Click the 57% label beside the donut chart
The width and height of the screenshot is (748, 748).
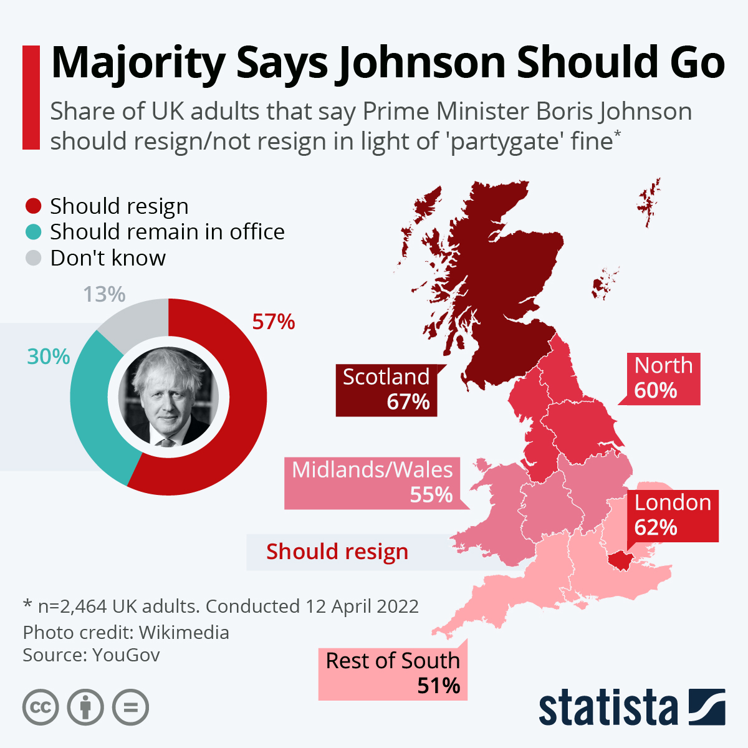click(x=273, y=322)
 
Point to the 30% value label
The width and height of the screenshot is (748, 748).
click(x=48, y=357)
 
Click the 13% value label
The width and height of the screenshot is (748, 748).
click(x=104, y=294)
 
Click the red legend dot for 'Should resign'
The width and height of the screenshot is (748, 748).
click(x=34, y=206)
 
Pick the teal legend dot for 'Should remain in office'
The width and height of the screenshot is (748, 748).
click(x=34, y=232)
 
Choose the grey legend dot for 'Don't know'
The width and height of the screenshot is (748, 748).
click(x=34, y=258)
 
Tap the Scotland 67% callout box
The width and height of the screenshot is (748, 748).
click(x=386, y=390)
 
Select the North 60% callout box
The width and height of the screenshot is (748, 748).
click(x=664, y=378)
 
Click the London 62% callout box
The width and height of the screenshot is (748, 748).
click(x=673, y=515)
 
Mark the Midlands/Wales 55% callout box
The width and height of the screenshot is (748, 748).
click(x=372, y=482)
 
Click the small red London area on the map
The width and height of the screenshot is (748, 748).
click(x=621, y=560)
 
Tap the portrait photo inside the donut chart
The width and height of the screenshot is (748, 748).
click(x=168, y=396)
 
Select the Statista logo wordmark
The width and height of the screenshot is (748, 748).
click(x=608, y=708)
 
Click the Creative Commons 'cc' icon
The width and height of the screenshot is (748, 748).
click(x=41, y=707)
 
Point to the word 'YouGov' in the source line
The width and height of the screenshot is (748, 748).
click(x=126, y=655)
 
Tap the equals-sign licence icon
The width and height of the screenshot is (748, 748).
click(x=131, y=707)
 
